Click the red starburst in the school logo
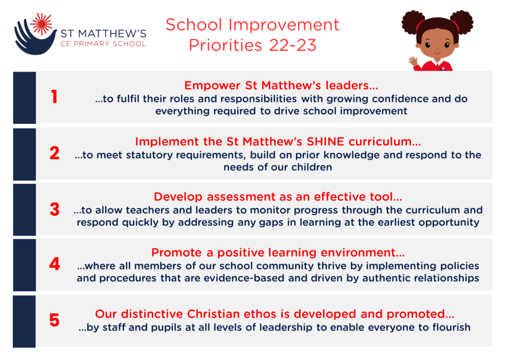[x=41, y=24]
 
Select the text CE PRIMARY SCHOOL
[x=103, y=44]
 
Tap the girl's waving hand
[x=413, y=62]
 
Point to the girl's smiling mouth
[x=437, y=52]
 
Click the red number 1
[x=55, y=97]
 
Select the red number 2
[x=55, y=153]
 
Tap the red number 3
[x=55, y=209]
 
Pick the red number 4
[x=55, y=264]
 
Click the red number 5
[x=55, y=320]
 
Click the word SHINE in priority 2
[x=325, y=142]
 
